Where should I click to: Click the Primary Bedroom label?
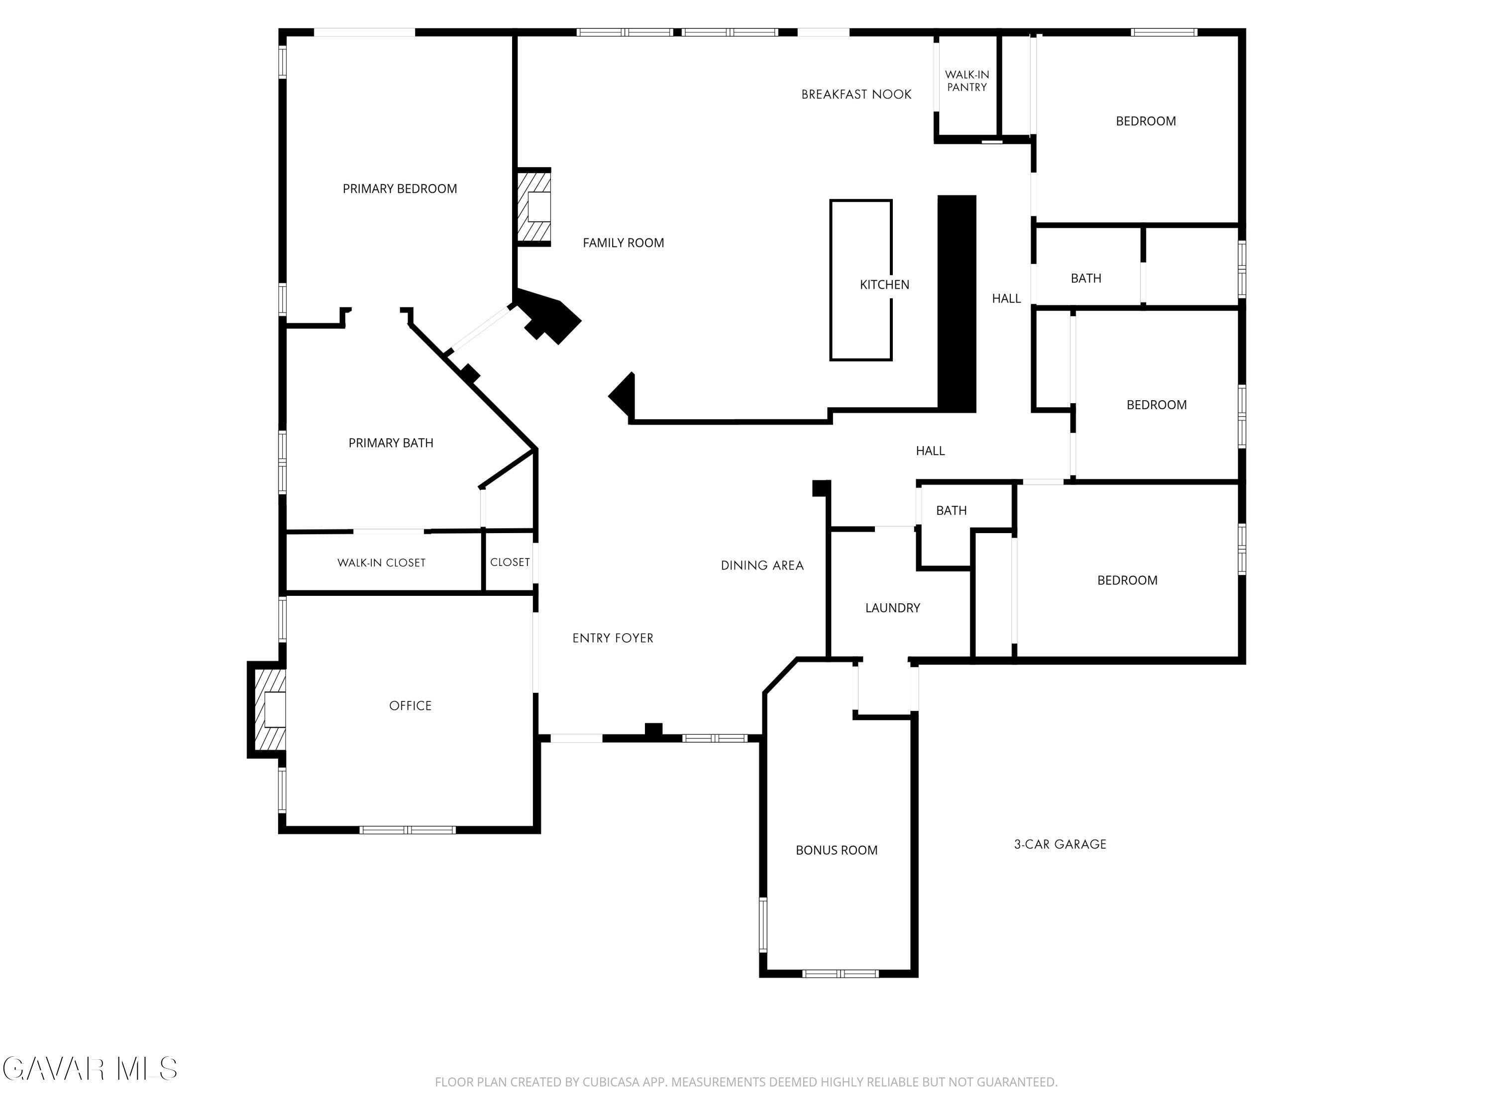[x=400, y=189]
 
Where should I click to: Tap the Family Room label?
[x=623, y=243]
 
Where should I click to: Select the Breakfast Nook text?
[x=856, y=95]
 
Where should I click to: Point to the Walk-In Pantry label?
[x=966, y=81]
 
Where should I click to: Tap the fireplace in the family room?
[x=534, y=207]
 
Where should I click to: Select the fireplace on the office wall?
[x=267, y=709]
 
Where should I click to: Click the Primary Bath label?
[x=391, y=443]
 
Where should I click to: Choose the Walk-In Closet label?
[x=381, y=563]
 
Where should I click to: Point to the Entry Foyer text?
[x=613, y=639]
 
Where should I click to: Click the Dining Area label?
[x=762, y=566]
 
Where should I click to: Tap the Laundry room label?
[x=892, y=608]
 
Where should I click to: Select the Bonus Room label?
[x=836, y=851]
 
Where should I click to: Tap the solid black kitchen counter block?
[x=957, y=304]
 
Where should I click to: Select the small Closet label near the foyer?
[x=510, y=562]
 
